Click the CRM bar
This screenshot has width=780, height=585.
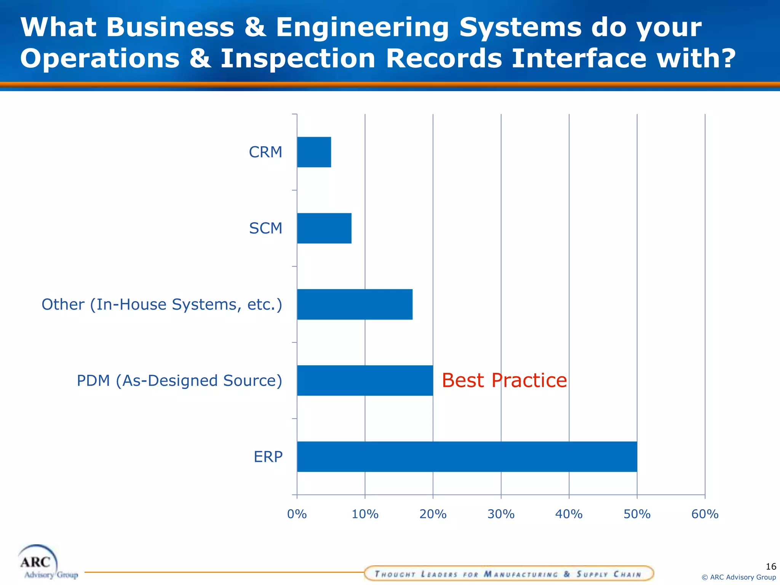pyautogui.click(x=314, y=152)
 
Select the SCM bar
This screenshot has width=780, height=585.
pyautogui.click(x=324, y=228)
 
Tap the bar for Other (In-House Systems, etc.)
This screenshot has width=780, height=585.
pyautogui.click(x=355, y=304)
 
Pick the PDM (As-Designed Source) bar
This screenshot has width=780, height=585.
pyautogui.click(x=365, y=380)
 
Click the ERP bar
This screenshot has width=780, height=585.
pyautogui.click(x=467, y=457)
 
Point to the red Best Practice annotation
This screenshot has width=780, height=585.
pyautogui.click(x=504, y=380)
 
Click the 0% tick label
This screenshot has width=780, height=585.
pyautogui.click(x=297, y=514)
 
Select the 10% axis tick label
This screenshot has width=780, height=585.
pyautogui.click(x=365, y=514)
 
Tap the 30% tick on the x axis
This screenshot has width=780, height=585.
pyautogui.click(x=501, y=514)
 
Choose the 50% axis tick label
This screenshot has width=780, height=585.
pyautogui.click(x=637, y=514)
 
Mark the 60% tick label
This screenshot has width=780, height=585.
pyautogui.click(x=705, y=514)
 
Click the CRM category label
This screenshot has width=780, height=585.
pyautogui.click(x=265, y=152)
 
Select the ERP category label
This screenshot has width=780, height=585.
pyautogui.click(x=268, y=457)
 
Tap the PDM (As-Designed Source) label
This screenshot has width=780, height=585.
pyautogui.click(x=179, y=380)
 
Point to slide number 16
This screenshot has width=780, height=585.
pyautogui.click(x=770, y=566)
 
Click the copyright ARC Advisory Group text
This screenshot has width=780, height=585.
pyautogui.click(x=738, y=577)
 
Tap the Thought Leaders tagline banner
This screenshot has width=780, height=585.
pyautogui.click(x=508, y=574)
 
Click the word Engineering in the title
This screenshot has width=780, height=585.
pyautogui.click(x=362, y=27)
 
